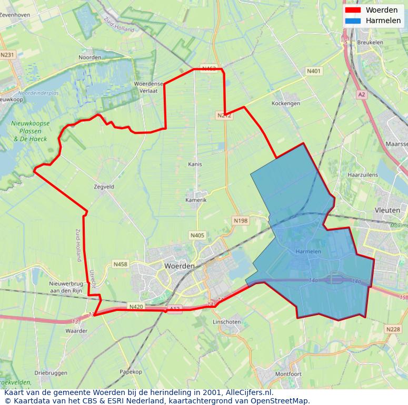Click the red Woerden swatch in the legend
[x=353, y=10]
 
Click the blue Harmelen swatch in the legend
[x=353, y=20]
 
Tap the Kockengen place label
[x=286, y=103]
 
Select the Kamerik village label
[x=196, y=200]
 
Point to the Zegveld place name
[x=104, y=186]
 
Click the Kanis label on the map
[x=195, y=164]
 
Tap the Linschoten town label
[x=226, y=322]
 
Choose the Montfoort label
[x=288, y=374]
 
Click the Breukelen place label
[x=370, y=42]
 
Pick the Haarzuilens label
[x=363, y=174]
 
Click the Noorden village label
[x=89, y=57]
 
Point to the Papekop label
[x=131, y=372]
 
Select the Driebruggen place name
[x=51, y=373]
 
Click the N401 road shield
[x=314, y=71]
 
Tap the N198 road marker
[x=240, y=221]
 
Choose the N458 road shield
[x=120, y=264]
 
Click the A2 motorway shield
[x=361, y=95]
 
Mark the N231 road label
[x=7, y=55]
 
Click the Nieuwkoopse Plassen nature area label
[x=31, y=131]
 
